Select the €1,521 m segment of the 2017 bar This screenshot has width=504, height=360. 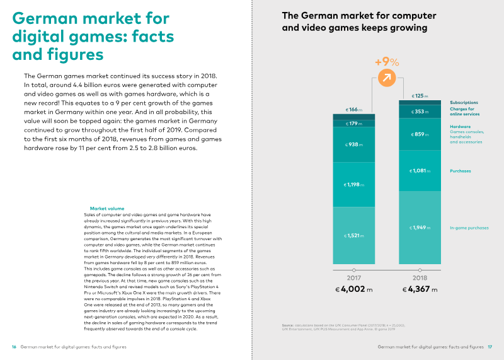click(x=353, y=235)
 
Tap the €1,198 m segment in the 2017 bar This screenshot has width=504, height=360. click(x=353, y=185)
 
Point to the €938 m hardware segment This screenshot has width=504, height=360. click(x=353, y=144)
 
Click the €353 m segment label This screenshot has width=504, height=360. click(x=419, y=112)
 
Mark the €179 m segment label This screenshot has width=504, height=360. click(x=353, y=124)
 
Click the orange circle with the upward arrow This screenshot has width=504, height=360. click(x=387, y=79)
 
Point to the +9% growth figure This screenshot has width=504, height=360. click(x=387, y=62)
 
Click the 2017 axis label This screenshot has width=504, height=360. click(x=353, y=277)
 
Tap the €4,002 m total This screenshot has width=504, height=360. click(x=353, y=291)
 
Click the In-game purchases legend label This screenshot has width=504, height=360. click(x=469, y=228)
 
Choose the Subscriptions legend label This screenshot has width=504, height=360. click(x=464, y=102)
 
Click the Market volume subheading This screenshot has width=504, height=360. click(x=107, y=208)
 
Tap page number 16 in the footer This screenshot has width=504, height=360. click(x=14, y=347)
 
